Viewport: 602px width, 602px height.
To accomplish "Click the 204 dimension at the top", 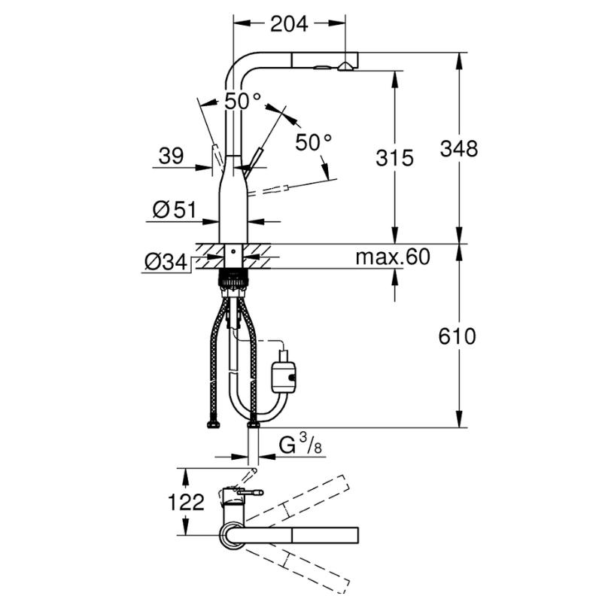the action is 289,24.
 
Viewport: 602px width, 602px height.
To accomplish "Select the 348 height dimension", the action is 459,148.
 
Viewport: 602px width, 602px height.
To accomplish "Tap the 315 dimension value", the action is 394,158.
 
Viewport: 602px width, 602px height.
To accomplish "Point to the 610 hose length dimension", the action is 457,336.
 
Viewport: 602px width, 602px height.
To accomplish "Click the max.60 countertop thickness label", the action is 393,257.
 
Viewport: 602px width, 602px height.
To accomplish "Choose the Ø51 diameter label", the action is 175,210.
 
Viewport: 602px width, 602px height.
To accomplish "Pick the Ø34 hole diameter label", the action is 166,263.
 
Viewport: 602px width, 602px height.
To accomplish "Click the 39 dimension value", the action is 171,156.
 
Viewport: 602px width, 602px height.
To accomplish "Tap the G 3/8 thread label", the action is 299,445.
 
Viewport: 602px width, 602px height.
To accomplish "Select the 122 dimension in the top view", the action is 186,502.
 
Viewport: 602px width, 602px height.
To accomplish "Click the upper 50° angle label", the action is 242,102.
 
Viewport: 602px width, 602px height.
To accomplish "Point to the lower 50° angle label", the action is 313,142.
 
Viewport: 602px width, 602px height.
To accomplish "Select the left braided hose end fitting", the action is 213,424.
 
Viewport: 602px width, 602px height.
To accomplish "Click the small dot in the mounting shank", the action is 233,252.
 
